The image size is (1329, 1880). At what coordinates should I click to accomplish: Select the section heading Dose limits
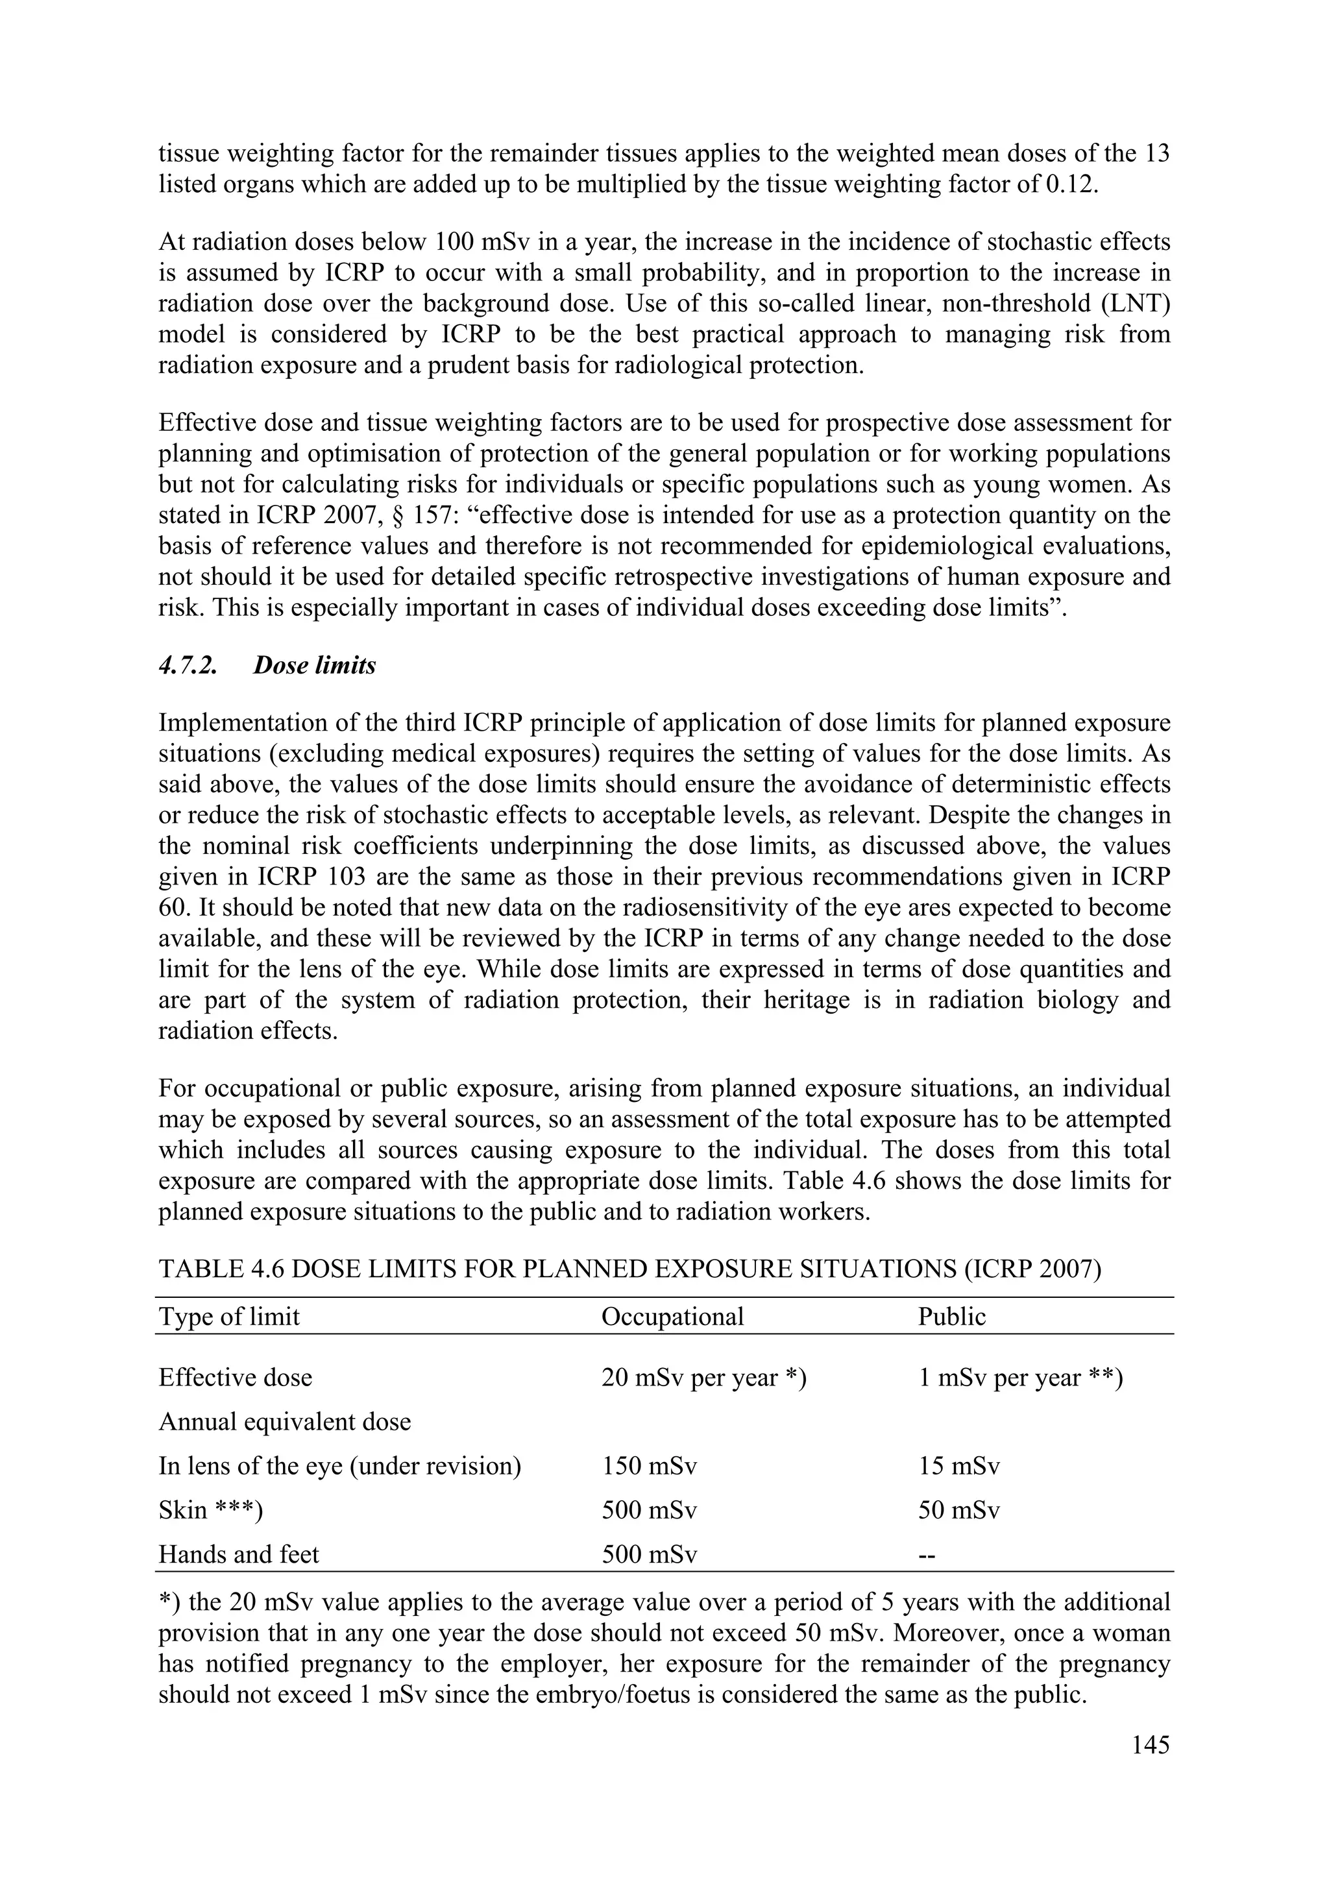pyautogui.click(x=315, y=665)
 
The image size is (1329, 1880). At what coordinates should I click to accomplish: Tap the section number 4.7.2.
pyautogui.click(x=188, y=665)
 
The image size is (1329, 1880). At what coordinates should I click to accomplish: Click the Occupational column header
pyautogui.click(x=672, y=1316)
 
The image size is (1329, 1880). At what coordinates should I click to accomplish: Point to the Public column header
pyautogui.click(x=951, y=1316)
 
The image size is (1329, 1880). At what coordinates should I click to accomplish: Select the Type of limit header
pyautogui.click(x=229, y=1316)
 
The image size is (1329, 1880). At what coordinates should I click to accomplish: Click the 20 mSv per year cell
pyautogui.click(x=704, y=1377)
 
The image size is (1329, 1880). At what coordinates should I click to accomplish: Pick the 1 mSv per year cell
pyautogui.click(x=1020, y=1377)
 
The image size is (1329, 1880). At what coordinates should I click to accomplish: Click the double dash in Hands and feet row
pyautogui.click(x=926, y=1554)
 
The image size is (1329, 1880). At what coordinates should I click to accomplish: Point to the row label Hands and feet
pyautogui.click(x=238, y=1554)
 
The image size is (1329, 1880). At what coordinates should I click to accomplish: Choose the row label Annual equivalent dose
pyautogui.click(x=284, y=1421)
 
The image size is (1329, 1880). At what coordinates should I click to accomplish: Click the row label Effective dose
pyautogui.click(x=235, y=1377)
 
